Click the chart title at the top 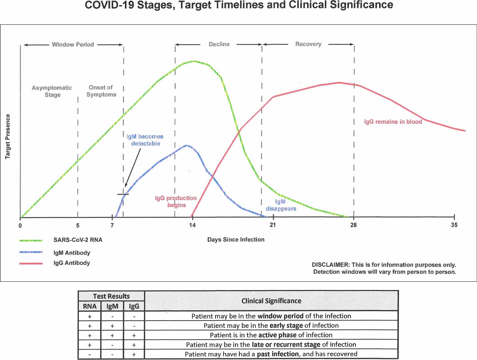pyautogui.click(x=239, y=5)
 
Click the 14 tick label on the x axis pyautogui.click(x=192, y=225)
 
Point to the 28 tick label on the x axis pyautogui.click(x=353, y=225)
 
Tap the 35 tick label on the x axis pyautogui.click(x=454, y=225)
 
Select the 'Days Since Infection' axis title pyautogui.click(x=236, y=240)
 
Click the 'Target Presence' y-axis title pyautogui.click(x=8, y=136)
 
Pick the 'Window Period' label pyautogui.click(x=73, y=45)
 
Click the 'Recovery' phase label pyautogui.click(x=308, y=44)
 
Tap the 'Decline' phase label pyautogui.click(x=219, y=44)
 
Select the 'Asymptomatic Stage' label pyautogui.click(x=52, y=91)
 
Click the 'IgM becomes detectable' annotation pyautogui.click(x=145, y=140)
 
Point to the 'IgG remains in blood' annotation pyautogui.click(x=393, y=122)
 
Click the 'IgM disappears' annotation pyautogui.click(x=281, y=205)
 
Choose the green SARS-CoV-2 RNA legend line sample pyautogui.click(x=31, y=240)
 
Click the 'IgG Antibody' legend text pyautogui.click(x=72, y=263)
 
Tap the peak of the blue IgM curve pyautogui.click(x=187, y=145)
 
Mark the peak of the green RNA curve pyautogui.click(x=194, y=61)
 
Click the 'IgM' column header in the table pyautogui.click(x=112, y=306)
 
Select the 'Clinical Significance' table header pyautogui.click(x=271, y=301)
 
